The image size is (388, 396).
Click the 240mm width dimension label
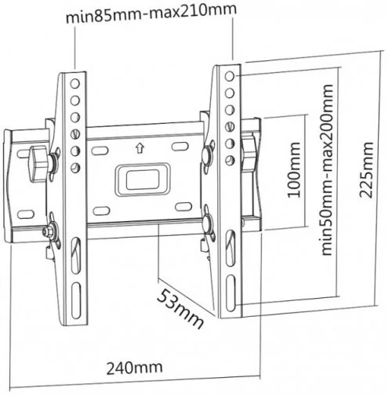(134, 368)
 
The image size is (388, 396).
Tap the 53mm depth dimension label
(180, 309)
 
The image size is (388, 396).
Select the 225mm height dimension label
(366, 170)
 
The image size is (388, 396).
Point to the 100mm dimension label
(294, 169)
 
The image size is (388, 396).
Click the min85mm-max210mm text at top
(151, 13)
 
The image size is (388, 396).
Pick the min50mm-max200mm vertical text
(327, 169)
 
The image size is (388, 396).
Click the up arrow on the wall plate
(140, 148)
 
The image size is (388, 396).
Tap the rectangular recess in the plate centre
(143, 180)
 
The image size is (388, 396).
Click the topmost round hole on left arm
(75, 84)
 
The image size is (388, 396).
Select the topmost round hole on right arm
(230, 76)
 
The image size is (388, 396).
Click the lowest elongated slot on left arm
(76, 300)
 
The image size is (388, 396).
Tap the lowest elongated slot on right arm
(230, 293)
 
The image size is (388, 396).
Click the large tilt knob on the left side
(38, 164)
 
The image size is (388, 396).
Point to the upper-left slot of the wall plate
(100, 151)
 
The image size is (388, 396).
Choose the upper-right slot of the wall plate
(180, 147)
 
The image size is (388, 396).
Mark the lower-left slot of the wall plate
(102, 211)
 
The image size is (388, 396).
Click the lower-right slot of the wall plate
(183, 206)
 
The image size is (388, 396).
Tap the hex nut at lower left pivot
(47, 231)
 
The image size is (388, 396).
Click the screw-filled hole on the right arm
(230, 127)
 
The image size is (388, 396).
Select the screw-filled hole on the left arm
(75, 134)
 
